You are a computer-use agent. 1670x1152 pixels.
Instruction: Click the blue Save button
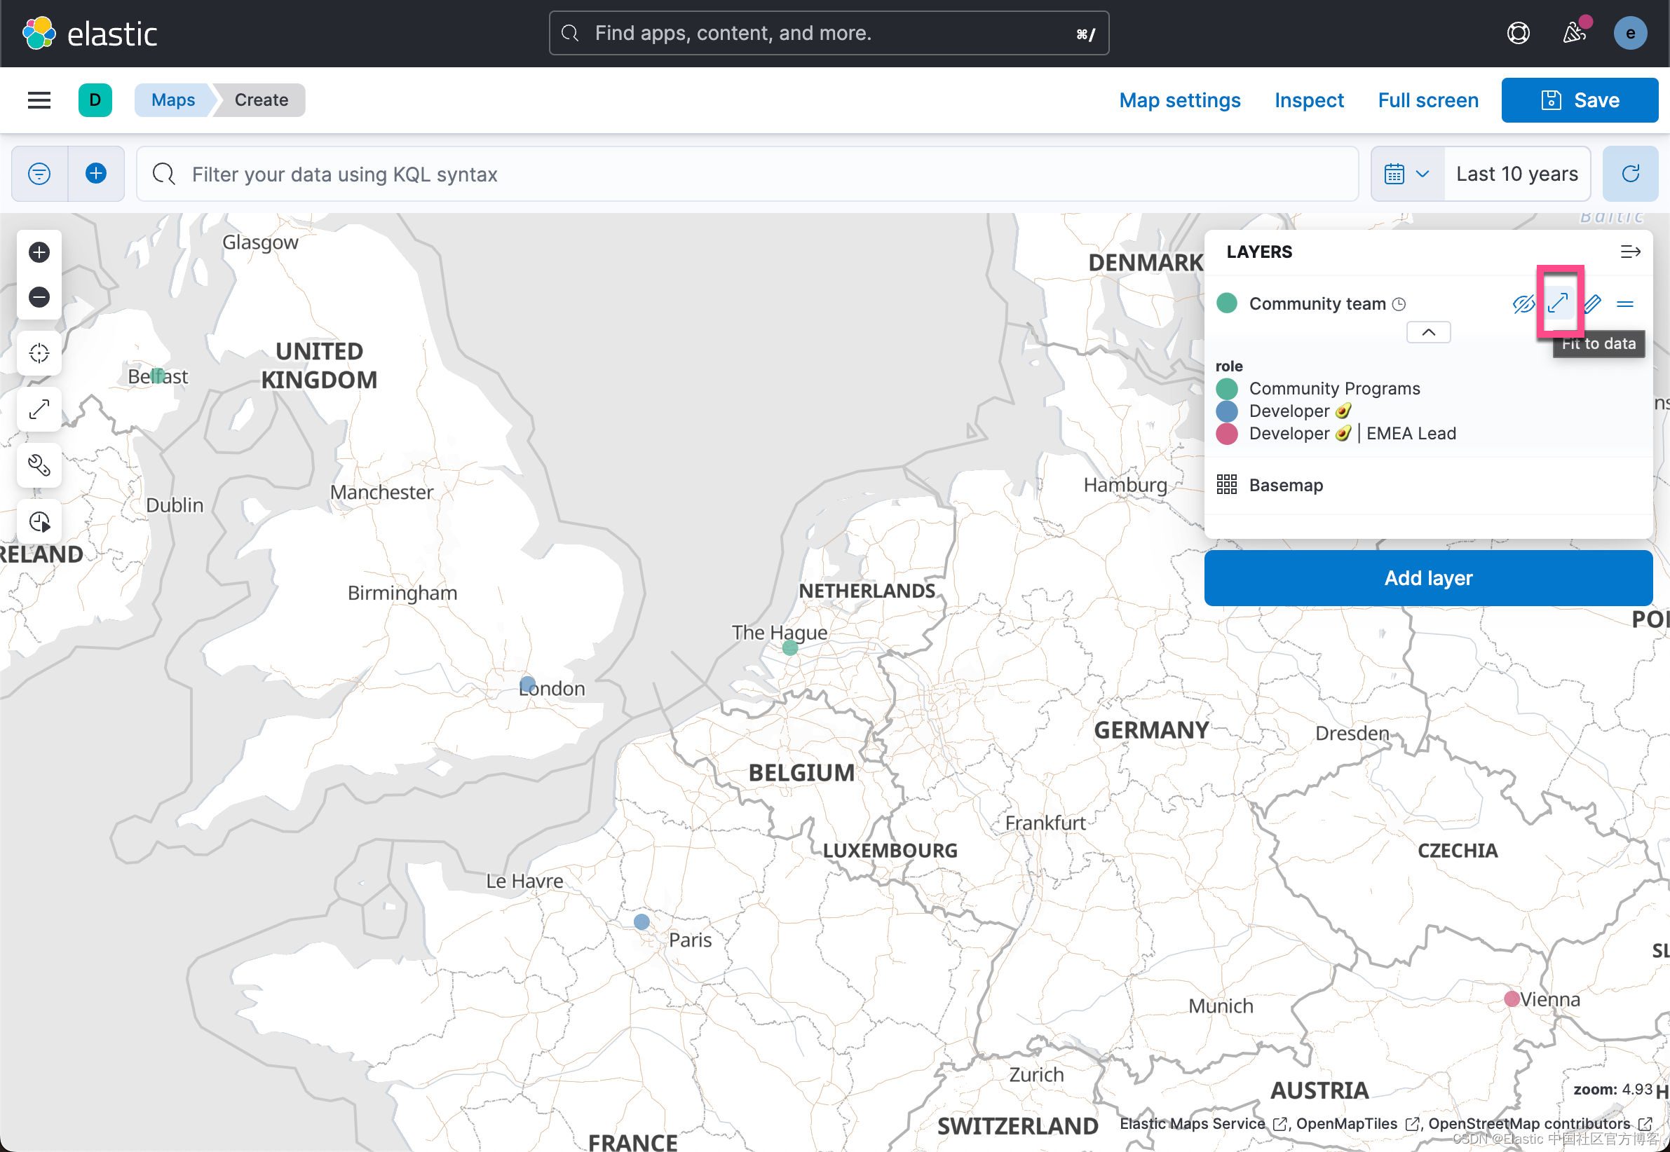[x=1579, y=100]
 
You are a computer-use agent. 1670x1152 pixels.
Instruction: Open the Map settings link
[x=1179, y=100]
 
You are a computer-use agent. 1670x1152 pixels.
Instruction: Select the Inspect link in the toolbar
[x=1308, y=100]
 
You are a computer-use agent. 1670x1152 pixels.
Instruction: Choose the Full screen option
[x=1427, y=100]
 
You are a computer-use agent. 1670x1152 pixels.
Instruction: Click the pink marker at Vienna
[x=1511, y=999]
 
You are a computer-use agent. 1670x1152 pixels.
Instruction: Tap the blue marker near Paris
[x=641, y=921]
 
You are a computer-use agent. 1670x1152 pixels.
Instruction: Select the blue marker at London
[x=528, y=683]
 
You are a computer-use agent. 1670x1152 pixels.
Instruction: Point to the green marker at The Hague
[x=790, y=647]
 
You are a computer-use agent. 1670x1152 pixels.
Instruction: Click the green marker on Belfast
[x=158, y=376]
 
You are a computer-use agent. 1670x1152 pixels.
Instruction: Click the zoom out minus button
[x=39, y=296]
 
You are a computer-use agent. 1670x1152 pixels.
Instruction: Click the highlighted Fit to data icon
[x=1558, y=303]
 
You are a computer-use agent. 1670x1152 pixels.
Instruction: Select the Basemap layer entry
[x=1285, y=485]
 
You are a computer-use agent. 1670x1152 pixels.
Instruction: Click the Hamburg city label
[x=1125, y=485]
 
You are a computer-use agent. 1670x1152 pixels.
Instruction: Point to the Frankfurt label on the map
[x=1045, y=823]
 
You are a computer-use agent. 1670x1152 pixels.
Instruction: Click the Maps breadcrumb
[x=173, y=100]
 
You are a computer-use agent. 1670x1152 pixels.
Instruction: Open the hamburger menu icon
[x=39, y=100]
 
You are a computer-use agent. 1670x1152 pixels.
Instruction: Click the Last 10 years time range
[x=1516, y=174]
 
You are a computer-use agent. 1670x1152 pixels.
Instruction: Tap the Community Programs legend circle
[x=1227, y=389]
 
